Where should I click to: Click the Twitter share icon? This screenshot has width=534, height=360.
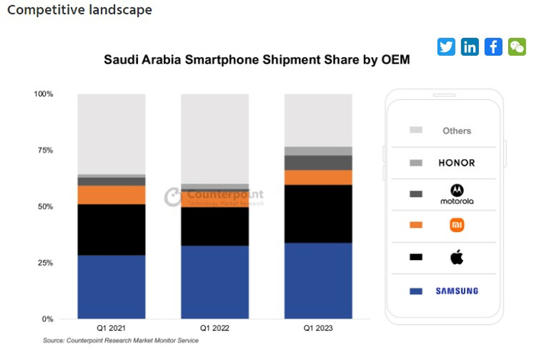click(446, 47)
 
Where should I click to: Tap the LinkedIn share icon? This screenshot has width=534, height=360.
click(470, 47)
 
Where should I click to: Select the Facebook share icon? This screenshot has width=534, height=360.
click(494, 47)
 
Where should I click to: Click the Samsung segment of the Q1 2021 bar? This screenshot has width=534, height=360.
click(111, 287)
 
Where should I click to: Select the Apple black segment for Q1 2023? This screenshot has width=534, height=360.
click(318, 214)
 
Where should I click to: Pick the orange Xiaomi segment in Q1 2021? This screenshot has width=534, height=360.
click(111, 194)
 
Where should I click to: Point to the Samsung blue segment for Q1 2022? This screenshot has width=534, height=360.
click(214, 282)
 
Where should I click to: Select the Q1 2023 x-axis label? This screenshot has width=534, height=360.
click(318, 328)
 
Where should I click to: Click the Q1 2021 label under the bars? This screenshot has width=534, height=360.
click(111, 328)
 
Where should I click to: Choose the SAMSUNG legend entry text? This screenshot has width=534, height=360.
click(457, 291)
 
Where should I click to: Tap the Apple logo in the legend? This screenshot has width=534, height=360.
click(457, 257)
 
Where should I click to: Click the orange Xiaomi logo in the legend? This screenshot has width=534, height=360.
click(457, 225)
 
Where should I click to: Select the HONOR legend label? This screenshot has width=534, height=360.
click(457, 163)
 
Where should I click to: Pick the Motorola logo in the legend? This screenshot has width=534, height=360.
click(457, 194)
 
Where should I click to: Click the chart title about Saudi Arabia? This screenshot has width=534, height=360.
click(257, 60)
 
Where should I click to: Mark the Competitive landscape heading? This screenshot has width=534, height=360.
click(79, 11)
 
